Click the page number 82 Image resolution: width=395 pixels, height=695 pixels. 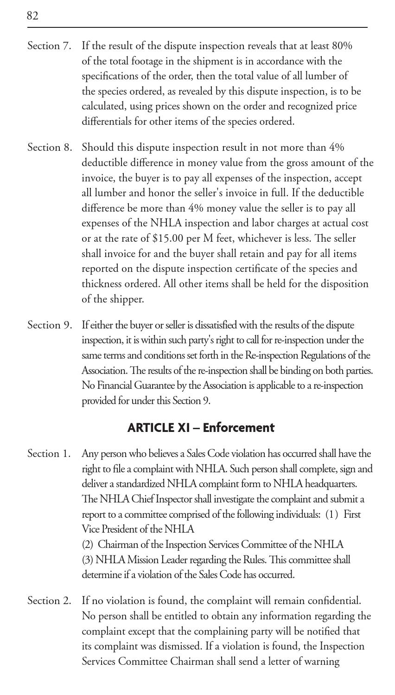point(32,16)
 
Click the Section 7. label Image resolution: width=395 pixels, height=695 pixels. point(49,46)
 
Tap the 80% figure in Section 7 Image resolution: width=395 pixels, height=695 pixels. point(342,46)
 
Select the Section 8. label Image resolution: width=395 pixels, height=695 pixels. point(49,148)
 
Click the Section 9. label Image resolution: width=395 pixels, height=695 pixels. point(49,325)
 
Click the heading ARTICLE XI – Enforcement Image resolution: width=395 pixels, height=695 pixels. point(201,428)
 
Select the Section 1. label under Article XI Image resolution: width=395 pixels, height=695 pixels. point(49,453)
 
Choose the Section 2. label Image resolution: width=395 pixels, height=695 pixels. point(49,601)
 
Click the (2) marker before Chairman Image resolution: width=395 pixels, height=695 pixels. point(88,545)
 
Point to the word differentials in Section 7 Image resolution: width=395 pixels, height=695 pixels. point(108,122)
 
